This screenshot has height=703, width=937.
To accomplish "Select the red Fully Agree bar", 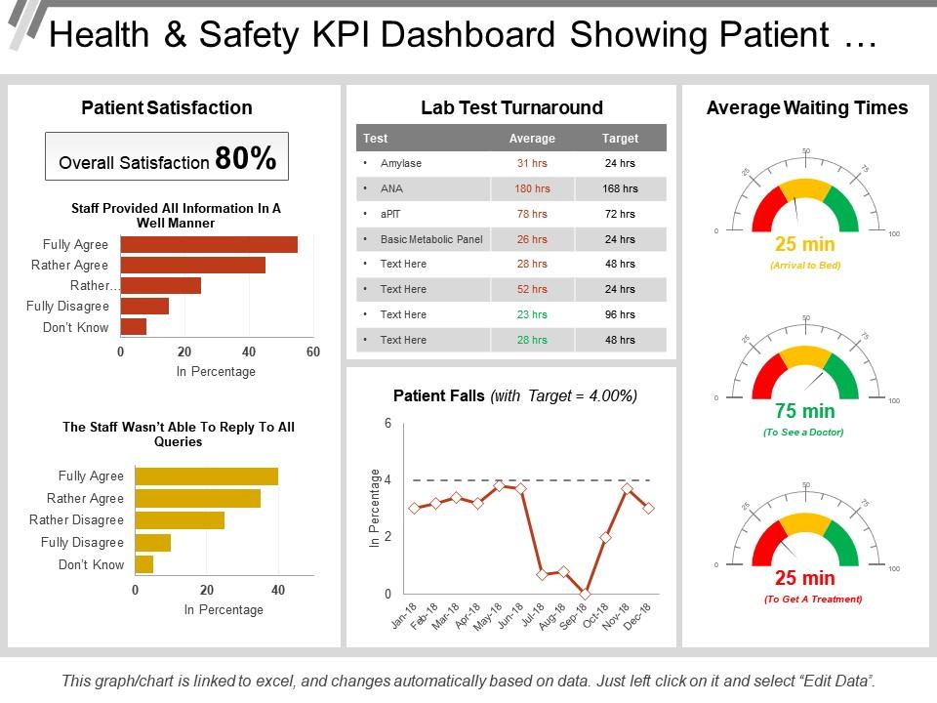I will (208, 244).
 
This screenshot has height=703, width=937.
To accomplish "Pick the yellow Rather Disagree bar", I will (180, 520).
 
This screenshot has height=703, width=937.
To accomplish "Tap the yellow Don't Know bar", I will (144, 564).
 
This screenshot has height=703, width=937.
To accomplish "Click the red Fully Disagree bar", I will (144, 307).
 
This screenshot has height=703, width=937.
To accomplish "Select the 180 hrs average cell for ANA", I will (532, 188).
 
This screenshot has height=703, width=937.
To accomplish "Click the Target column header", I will (620, 139).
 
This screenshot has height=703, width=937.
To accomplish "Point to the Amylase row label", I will (401, 163).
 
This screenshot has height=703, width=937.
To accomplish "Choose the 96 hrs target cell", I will (620, 314).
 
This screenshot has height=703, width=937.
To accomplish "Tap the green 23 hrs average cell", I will (532, 314).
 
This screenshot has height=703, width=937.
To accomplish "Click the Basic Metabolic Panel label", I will (431, 239).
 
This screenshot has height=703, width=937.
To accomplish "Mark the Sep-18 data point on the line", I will (585, 594).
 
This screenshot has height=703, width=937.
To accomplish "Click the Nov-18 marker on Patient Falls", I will (628, 488).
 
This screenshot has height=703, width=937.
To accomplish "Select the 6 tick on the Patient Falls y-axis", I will (387, 424).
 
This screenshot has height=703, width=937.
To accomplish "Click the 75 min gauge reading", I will (805, 411).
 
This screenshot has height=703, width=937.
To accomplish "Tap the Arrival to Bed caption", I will (805, 265).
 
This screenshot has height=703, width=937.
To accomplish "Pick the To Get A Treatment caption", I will (812, 600).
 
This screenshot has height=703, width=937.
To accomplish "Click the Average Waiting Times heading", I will (806, 108).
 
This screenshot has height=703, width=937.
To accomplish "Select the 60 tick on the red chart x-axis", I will (312, 351).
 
